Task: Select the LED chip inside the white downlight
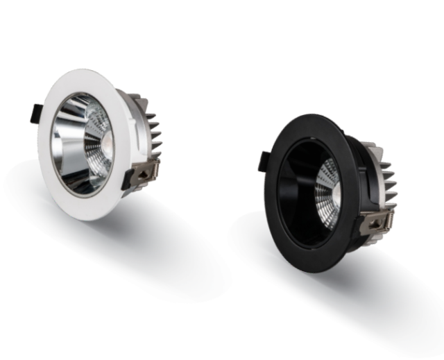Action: click(x=109, y=144)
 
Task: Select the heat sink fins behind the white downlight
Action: click(x=154, y=128)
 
